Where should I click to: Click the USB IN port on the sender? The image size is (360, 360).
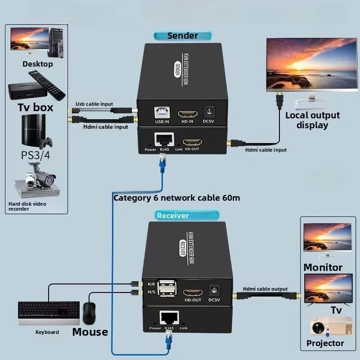tap(162, 112)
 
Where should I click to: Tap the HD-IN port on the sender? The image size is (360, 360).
tap(188, 114)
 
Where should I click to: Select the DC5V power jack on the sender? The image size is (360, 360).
tap(209, 112)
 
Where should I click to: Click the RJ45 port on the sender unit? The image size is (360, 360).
tap(164, 139)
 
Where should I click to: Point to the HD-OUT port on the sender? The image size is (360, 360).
tap(193, 142)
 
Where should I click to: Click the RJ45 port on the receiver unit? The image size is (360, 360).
tap(169, 318)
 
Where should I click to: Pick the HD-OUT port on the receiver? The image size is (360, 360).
tap(193, 293)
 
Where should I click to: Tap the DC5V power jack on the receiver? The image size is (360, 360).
tap(214, 290)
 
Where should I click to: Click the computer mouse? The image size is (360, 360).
tap(89, 313)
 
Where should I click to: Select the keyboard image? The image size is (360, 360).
tap(49, 313)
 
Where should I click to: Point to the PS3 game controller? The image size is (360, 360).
tap(46, 143)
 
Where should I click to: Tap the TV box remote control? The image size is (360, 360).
tap(47, 85)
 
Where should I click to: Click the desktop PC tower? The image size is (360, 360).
tap(56, 43)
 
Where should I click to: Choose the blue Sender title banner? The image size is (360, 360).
tap(183, 36)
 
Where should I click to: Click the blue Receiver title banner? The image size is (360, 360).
tap(187, 216)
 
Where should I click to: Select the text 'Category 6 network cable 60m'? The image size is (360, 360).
tap(177, 198)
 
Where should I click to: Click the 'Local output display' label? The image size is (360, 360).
tap(312, 120)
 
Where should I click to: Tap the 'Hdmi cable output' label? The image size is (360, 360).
tap(265, 289)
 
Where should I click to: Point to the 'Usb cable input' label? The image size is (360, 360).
tap(94, 104)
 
